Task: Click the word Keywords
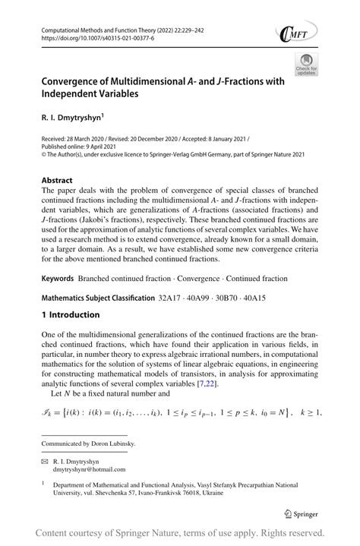[61, 279]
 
